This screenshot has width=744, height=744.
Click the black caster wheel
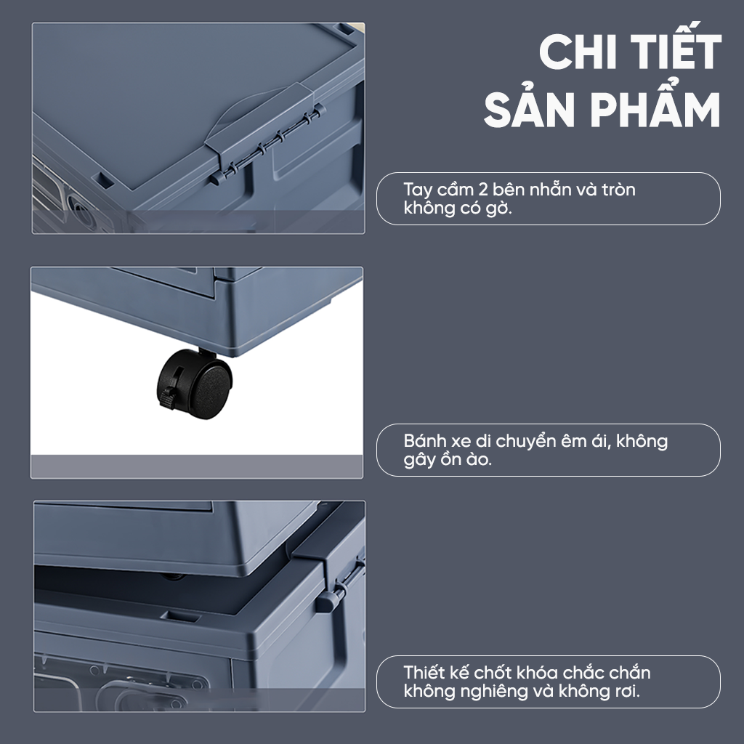click(195, 384)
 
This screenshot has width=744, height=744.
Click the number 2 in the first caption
click(482, 190)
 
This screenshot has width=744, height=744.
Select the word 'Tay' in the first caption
click(418, 190)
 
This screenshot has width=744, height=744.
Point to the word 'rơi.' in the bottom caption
click(628, 692)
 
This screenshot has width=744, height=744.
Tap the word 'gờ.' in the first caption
click(499, 209)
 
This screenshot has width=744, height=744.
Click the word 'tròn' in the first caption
click(619, 190)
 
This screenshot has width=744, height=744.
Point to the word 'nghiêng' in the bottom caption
click(488, 692)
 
